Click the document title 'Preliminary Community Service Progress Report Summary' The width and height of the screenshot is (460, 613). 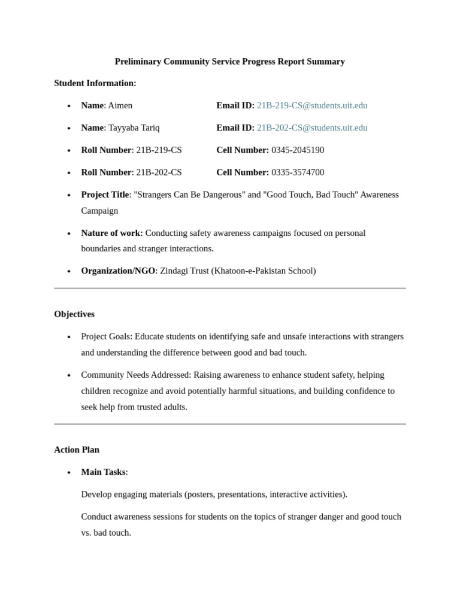click(x=229, y=62)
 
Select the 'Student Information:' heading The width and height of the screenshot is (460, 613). click(x=95, y=83)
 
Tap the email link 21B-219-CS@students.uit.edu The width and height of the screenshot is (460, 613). click(x=312, y=105)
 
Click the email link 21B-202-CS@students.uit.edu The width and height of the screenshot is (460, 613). click(x=312, y=128)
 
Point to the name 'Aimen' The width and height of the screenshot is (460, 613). click(x=120, y=105)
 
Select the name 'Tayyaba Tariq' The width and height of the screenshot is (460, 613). click(x=134, y=128)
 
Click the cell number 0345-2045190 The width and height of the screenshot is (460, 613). click(x=298, y=150)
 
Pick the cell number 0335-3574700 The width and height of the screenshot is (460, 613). click(x=298, y=172)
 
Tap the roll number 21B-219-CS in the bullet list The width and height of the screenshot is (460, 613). click(x=159, y=150)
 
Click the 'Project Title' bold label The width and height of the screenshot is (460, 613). click(x=105, y=195)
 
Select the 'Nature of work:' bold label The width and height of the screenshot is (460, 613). click(x=112, y=233)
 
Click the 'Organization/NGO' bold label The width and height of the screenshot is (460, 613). click(x=118, y=271)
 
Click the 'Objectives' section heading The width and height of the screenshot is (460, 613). click(x=74, y=314)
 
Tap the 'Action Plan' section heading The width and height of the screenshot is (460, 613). click(x=77, y=450)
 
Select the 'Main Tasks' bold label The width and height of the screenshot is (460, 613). click(x=103, y=472)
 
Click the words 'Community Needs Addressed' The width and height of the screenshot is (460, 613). click(x=135, y=375)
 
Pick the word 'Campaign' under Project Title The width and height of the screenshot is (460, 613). click(x=99, y=211)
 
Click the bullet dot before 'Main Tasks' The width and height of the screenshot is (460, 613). click(x=69, y=472)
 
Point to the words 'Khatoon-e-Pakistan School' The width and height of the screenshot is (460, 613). click(x=263, y=271)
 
